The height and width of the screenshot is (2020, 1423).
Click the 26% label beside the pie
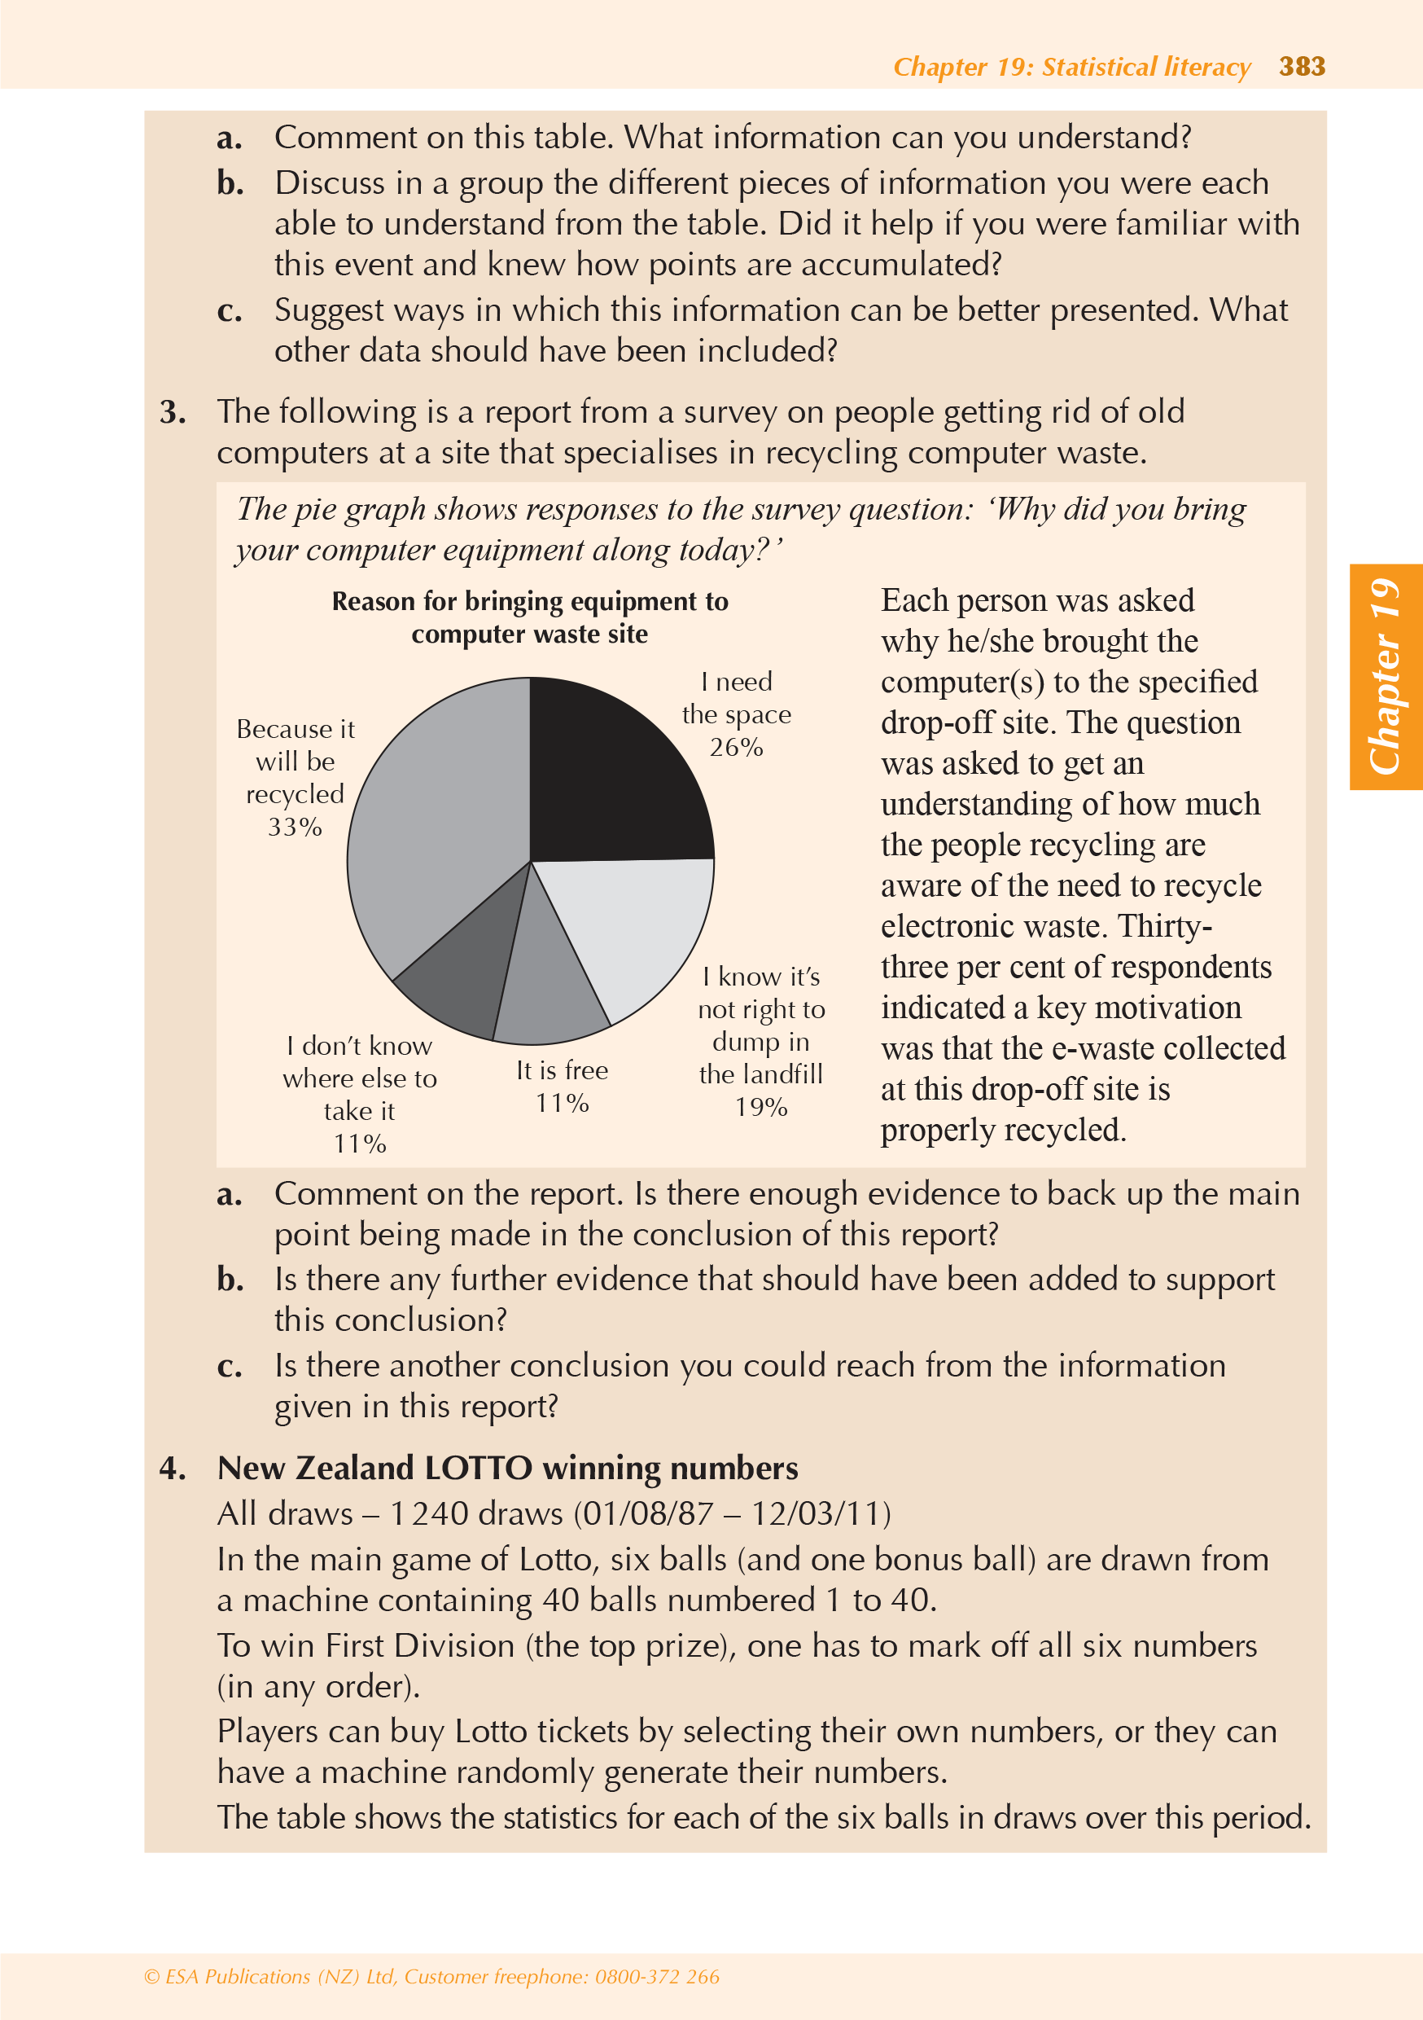tap(736, 748)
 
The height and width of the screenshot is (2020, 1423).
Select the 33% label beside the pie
tap(295, 827)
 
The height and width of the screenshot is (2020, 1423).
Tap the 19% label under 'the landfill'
tap(760, 1107)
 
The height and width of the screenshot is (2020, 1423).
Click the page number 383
tap(1302, 67)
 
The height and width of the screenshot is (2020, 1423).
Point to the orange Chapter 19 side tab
tap(1386, 677)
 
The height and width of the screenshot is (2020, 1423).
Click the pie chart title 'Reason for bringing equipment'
tap(529, 617)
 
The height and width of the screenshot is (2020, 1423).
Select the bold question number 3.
tap(173, 413)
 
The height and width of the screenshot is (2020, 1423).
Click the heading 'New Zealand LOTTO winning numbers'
tap(507, 1469)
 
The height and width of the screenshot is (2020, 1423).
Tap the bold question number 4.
tap(173, 1469)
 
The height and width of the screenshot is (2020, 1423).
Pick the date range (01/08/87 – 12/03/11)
tap(732, 1514)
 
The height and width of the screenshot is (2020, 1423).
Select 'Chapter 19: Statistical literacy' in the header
tap(1071, 67)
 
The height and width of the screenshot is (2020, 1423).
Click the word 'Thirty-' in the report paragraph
tap(1164, 926)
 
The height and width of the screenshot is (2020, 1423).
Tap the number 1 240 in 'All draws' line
tap(428, 1514)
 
